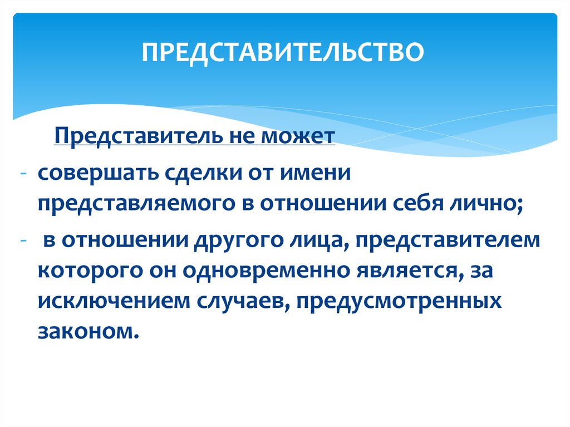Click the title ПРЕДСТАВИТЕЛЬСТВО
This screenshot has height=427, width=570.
click(x=282, y=52)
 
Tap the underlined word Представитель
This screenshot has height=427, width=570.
click(x=138, y=136)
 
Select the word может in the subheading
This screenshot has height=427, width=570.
click(x=298, y=136)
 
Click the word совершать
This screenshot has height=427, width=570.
click(x=98, y=173)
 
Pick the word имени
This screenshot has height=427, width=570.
click(x=316, y=173)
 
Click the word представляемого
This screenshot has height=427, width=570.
click(x=137, y=204)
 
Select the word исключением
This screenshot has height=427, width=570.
click(x=114, y=301)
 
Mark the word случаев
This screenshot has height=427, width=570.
click(x=243, y=302)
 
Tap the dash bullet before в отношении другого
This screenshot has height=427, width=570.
click(x=23, y=241)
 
